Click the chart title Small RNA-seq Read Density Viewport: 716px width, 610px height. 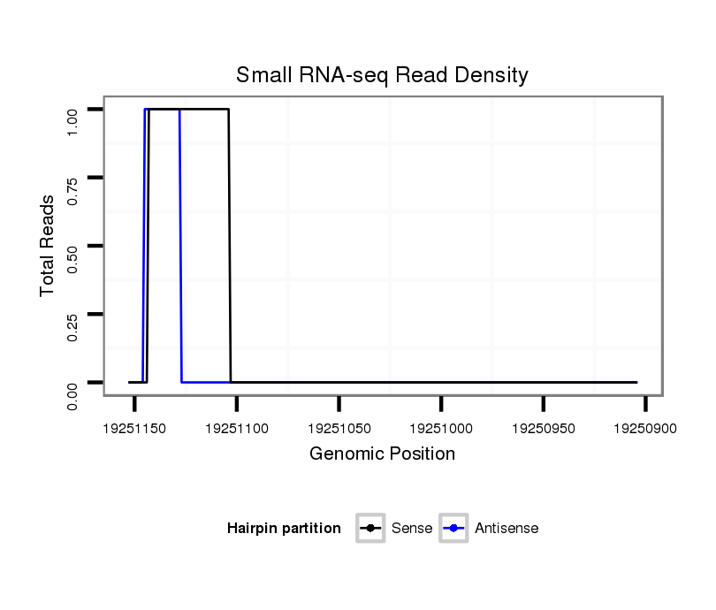pyautogui.click(x=382, y=75)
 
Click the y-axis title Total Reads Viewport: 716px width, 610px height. pyautogui.click(x=48, y=246)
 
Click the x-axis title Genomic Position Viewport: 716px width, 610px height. pyautogui.click(x=382, y=454)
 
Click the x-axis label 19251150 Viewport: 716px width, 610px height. pyautogui.click(x=134, y=429)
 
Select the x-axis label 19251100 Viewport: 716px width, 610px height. pyautogui.click(x=237, y=429)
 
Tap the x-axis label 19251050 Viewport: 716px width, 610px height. pyautogui.click(x=339, y=429)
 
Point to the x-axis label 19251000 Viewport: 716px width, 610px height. pyautogui.click(x=441, y=429)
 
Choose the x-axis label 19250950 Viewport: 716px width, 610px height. pyautogui.click(x=543, y=429)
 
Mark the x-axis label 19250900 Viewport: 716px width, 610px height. pyautogui.click(x=645, y=429)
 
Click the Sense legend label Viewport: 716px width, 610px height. pyautogui.click(x=411, y=529)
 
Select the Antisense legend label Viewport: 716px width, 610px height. pyautogui.click(x=507, y=529)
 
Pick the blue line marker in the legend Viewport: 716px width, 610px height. pyautogui.click(x=454, y=529)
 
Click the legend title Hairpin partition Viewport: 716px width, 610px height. pyautogui.click(x=284, y=529)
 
